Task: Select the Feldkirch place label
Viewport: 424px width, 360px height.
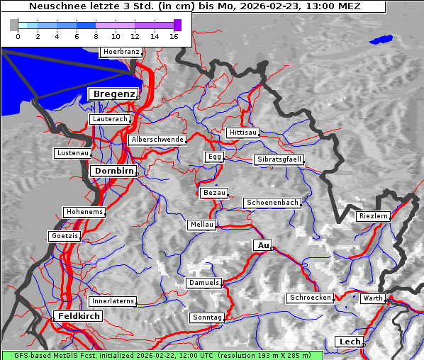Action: tap(79, 316)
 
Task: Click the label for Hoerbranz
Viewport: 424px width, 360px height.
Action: tap(121, 52)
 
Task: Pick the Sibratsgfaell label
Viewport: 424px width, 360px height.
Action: tap(279, 159)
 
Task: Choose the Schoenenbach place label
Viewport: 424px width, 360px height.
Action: tap(272, 203)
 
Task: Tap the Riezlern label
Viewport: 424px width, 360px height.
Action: tap(374, 215)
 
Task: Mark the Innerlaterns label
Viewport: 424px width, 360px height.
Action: tap(112, 301)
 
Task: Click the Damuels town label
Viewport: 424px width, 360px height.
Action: tap(204, 283)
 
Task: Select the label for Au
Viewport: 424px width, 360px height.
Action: tap(262, 245)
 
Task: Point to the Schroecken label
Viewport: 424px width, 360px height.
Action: tap(311, 298)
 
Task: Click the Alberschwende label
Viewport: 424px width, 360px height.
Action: tap(157, 140)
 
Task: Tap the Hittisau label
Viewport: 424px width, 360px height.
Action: tap(243, 133)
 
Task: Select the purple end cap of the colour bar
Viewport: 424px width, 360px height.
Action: tap(177, 25)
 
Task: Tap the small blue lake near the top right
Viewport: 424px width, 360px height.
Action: tap(381, 40)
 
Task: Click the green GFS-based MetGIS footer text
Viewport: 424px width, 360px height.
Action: tap(162, 355)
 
